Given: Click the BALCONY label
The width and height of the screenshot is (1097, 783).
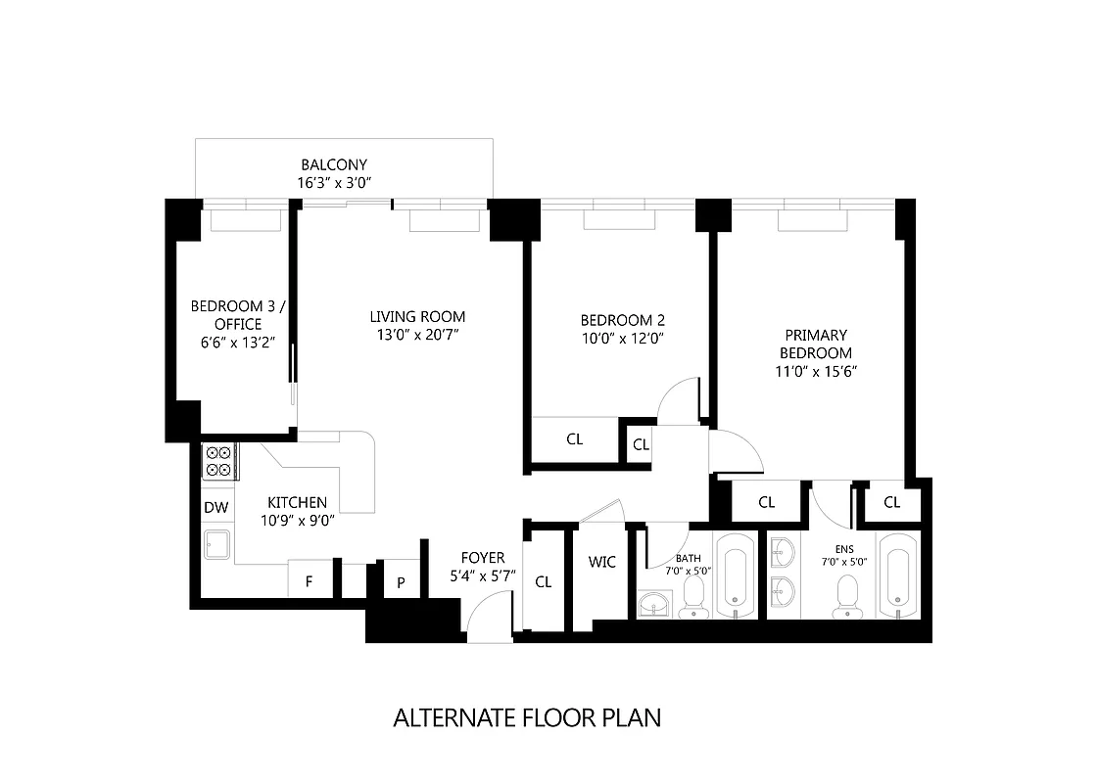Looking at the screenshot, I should pos(334,165).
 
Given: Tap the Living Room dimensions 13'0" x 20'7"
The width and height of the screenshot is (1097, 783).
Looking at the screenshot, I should pos(417,335).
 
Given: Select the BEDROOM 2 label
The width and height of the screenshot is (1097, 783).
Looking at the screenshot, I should pos(623,320).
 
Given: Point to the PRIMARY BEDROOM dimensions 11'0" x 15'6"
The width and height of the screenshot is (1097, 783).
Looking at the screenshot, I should pos(815,372).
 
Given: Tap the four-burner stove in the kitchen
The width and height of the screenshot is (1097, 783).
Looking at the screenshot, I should pos(218,461).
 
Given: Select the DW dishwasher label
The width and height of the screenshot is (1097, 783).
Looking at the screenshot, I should pos(216,508).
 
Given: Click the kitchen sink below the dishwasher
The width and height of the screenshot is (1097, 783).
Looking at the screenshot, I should pos(216,544).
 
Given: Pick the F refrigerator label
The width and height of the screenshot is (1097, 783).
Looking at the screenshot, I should pos(309,581).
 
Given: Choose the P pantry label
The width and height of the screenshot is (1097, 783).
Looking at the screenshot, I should pos(401,581).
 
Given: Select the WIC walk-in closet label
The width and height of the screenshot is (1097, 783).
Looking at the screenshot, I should pos(601,562).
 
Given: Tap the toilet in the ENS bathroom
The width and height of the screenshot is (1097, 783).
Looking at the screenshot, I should pos(845,596).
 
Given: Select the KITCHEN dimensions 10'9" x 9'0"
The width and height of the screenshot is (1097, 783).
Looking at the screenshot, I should pos(299,521).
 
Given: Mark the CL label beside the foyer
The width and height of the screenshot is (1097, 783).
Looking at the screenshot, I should pos(544,581).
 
